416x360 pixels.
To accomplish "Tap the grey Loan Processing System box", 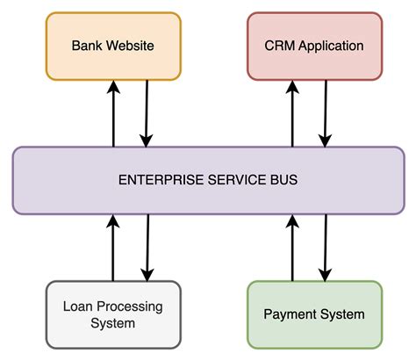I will tap(111, 314).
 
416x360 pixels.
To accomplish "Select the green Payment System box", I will tap(314, 314).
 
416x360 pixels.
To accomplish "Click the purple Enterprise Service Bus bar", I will tap(208, 180).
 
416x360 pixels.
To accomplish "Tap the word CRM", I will tap(279, 45).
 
